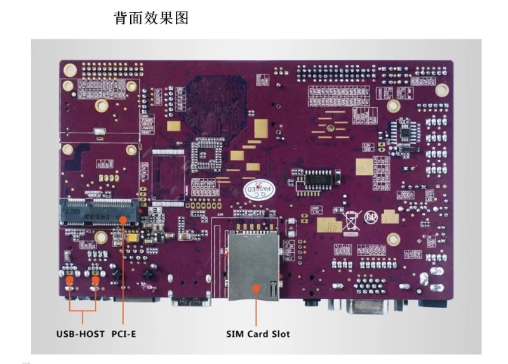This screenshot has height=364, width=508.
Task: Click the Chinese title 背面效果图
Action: tap(151, 18)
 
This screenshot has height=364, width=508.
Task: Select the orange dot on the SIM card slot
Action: tap(257, 287)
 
